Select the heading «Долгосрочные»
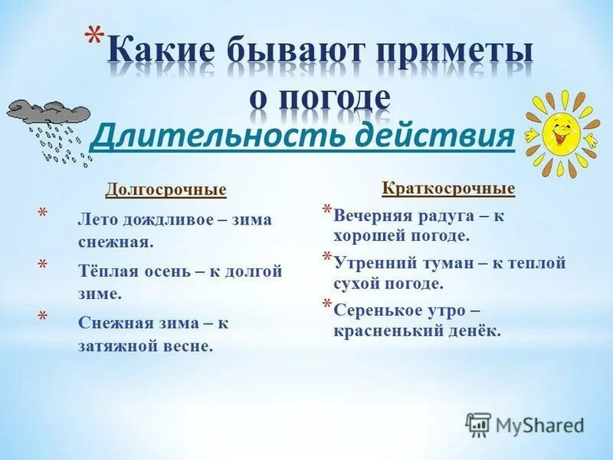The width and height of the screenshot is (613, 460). tap(166, 189)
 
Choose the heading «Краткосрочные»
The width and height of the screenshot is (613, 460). tap(449, 188)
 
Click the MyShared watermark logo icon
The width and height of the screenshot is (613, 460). tap(479, 425)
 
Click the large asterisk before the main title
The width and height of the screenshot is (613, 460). tap(93, 41)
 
